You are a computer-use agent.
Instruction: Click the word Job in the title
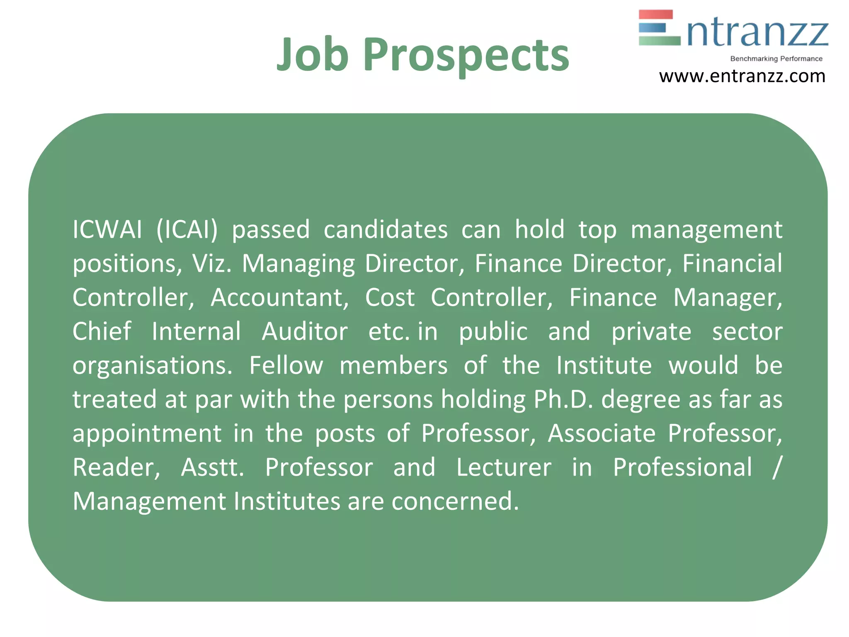312,54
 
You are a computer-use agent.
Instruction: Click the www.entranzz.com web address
742,76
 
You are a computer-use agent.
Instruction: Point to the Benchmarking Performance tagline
776,59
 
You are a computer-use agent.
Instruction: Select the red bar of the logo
655,15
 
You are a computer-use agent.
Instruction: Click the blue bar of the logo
652,27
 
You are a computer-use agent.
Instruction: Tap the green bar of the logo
659,41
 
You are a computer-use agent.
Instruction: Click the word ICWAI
107,229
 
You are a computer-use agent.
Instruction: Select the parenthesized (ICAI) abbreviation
187,229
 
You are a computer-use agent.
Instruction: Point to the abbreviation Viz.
211,263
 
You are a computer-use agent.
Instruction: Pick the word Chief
102,331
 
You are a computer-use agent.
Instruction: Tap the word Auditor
305,331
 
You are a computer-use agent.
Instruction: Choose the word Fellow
286,365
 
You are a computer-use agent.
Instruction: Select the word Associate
602,433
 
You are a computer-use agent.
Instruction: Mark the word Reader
116,467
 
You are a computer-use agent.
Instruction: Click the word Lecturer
504,467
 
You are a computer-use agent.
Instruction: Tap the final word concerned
455,501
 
